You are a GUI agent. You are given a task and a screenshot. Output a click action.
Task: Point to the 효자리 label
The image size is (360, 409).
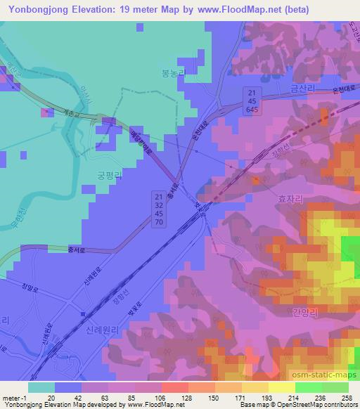pyautogui.click(x=289, y=199)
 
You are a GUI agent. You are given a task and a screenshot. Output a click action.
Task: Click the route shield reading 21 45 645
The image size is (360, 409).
pyautogui.click(x=251, y=101)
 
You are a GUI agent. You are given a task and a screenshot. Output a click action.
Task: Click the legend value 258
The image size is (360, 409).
pyautogui.click(x=345, y=398)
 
